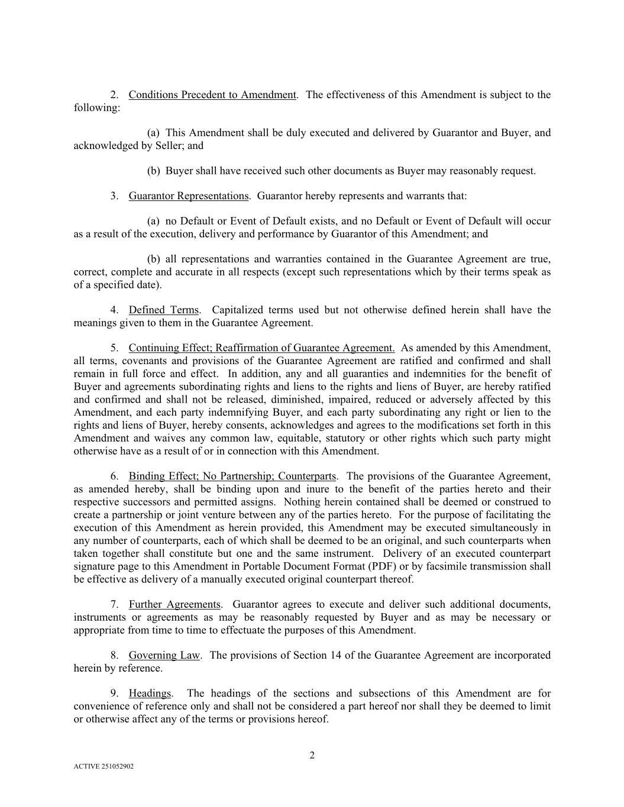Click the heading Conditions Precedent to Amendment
(x=212, y=95)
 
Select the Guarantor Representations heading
(x=188, y=196)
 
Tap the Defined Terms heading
(x=163, y=310)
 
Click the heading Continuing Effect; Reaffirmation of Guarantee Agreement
(x=261, y=348)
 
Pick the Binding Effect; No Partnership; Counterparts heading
(x=232, y=477)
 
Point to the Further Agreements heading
(x=174, y=605)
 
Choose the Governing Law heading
(x=164, y=656)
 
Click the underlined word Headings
(x=150, y=693)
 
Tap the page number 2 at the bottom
(x=312, y=756)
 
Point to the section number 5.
(x=114, y=348)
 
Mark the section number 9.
(x=114, y=693)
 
